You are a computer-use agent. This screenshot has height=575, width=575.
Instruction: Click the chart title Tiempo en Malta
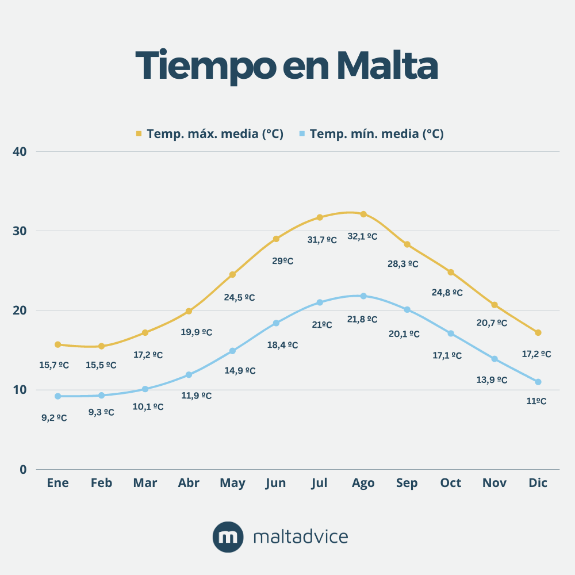287,65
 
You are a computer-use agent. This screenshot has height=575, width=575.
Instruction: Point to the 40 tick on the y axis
20,152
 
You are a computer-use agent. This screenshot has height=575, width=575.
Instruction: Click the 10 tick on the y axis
20,390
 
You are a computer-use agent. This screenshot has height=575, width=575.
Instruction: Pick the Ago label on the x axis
363,483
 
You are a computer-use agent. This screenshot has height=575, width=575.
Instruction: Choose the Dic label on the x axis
538,483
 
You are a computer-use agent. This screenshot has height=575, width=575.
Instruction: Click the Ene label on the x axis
57,483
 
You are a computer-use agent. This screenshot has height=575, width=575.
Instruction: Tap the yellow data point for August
363,214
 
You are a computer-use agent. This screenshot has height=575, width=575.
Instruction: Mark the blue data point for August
363,296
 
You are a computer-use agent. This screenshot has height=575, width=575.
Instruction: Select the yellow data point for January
57,344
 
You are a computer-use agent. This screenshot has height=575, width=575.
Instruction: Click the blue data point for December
538,382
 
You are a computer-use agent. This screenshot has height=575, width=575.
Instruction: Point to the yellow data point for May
232,274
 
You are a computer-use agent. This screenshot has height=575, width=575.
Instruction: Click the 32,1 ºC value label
362,236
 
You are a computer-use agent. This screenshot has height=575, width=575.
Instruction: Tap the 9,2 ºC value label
54,418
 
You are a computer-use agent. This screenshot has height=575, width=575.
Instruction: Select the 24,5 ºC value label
239,297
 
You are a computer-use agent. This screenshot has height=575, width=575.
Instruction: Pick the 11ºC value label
536,401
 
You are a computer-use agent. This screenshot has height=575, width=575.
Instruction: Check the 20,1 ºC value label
404,333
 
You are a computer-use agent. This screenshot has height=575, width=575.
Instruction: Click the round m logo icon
228,537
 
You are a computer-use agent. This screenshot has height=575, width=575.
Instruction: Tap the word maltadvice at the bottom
300,537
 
